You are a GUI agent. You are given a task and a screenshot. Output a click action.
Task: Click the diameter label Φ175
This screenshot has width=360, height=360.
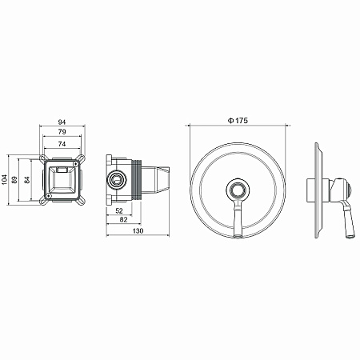[x=238, y=120]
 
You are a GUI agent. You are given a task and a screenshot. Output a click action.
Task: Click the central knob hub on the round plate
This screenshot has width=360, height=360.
[x=238, y=190]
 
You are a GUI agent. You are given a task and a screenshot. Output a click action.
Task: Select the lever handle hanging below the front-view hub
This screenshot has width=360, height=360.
[x=238, y=220]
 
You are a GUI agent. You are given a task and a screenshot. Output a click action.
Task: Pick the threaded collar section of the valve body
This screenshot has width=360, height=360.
[x=139, y=179]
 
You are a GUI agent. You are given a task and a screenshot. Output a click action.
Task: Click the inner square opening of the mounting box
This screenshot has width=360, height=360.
[x=62, y=182]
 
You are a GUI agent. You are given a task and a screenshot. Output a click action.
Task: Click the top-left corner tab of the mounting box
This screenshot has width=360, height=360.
[x=43, y=163]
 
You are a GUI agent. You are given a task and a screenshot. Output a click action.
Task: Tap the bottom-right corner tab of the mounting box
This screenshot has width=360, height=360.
[x=80, y=200]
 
